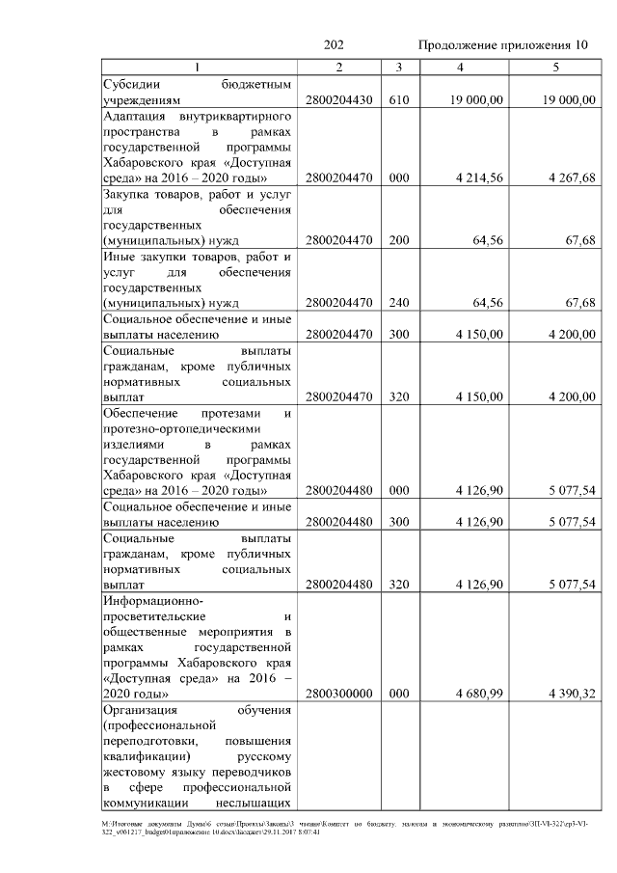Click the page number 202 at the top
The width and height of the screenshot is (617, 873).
pyautogui.click(x=334, y=46)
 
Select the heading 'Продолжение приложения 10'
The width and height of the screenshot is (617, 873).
pyautogui.click(x=501, y=46)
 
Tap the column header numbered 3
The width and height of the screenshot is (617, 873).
pyautogui.click(x=398, y=68)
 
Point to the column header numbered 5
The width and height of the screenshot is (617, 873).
pyautogui.click(x=555, y=68)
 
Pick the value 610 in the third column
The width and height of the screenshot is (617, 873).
pyautogui.click(x=398, y=100)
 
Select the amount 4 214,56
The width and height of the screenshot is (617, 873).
pyautogui.click(x=480, y=178)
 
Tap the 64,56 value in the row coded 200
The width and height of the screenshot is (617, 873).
pyautogui.click(x=487, y=240)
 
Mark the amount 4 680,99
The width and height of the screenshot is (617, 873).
pyautogui.click(x=480, y=694)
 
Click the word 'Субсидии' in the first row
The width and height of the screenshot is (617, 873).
pyautogui.click(x=131, y=85)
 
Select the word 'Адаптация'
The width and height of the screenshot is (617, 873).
pyautogui.click(x=136, y=116)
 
